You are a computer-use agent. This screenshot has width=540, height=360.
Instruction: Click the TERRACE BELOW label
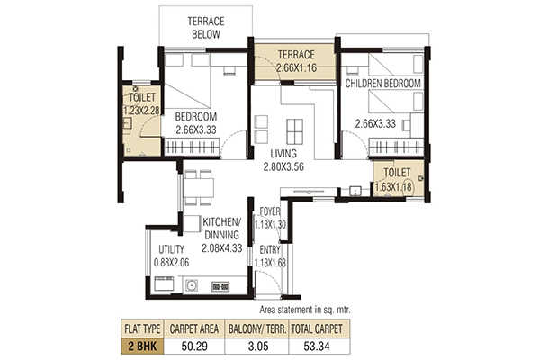tap(206, 28)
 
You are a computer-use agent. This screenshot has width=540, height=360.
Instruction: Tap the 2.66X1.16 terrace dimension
tap(296, 67)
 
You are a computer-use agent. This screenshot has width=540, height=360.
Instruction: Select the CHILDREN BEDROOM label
tap(383, 84)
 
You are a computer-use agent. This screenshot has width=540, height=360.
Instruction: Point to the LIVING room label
tap(283, 154)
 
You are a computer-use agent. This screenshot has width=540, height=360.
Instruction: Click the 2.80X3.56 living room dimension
tap(283, 167)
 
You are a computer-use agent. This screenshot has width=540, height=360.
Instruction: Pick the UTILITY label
tap(171, 249)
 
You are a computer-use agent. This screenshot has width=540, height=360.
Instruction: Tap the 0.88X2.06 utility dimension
tap(171, 263)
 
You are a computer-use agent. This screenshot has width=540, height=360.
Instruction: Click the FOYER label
tap(270, 211)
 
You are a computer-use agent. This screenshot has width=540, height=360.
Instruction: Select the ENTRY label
tap(270, 250)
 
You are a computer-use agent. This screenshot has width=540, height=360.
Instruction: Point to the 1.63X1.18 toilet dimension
tap(393, 187)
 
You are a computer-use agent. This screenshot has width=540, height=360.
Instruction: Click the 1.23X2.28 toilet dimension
tap(141, 111)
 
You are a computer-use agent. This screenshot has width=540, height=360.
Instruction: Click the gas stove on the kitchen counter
tap(220, 286)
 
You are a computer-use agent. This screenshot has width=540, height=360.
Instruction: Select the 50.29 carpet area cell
tap(194, 346)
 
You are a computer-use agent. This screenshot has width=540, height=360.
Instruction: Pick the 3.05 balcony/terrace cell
tap(258, 346)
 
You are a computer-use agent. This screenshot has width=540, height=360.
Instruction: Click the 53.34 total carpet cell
tap(317, 346)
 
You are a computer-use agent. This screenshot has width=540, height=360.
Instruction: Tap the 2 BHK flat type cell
tap(142, 346)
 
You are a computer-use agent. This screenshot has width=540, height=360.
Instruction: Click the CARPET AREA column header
tap(194, 329)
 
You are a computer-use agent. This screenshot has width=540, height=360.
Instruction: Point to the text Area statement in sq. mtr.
tap(305, 310)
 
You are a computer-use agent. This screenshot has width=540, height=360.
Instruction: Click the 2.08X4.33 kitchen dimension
tap(221, 248)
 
